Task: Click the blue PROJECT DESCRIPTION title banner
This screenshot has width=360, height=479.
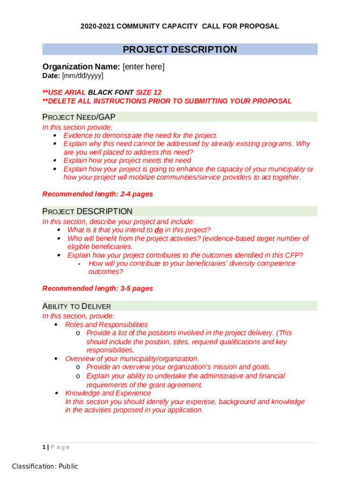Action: tap(180, 50)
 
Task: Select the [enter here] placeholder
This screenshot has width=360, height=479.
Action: tap(144, 67)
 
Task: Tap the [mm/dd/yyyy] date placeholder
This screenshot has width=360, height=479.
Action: tap(83, 76)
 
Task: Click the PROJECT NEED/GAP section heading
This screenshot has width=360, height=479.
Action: tap(79, 117)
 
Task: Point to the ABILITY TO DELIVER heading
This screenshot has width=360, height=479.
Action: tap(77, 306)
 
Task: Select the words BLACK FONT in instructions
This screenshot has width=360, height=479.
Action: tap(111, 93)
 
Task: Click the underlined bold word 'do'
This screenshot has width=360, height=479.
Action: tap(158, 230)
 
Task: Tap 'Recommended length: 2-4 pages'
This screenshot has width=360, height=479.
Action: tap(98, 194)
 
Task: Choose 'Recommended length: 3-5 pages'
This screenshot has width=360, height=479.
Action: tap(98, 288)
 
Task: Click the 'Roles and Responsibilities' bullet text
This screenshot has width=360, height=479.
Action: tap(106, 325)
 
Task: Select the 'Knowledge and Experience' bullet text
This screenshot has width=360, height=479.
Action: tap(101, 393)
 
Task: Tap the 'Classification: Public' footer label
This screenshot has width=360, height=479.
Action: tap(45, 466)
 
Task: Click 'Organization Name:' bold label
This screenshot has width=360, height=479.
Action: tap(81, 67)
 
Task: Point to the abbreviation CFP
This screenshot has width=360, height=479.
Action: tap(293, 255)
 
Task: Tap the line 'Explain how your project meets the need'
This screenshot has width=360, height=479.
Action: tap(127, 160)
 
